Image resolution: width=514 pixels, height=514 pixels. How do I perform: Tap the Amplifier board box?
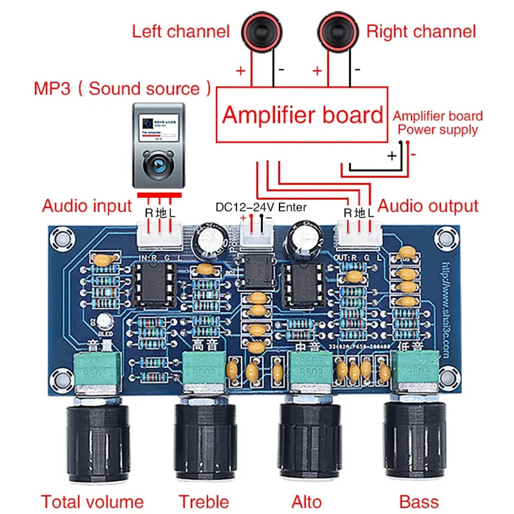(x=302, y=115)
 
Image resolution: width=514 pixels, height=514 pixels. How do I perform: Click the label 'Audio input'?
(x=87, y=206)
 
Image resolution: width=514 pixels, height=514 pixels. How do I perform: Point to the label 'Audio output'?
(x=428, y=206)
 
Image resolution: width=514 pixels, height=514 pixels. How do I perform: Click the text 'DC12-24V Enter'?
(x=261, y=207)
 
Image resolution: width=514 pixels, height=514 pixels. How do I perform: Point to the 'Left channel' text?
(x=181, y=31)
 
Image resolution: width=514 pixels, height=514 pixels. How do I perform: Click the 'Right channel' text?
(x=421, y=31)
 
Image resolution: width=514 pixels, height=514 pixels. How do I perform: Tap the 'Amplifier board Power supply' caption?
(x=438, y=123)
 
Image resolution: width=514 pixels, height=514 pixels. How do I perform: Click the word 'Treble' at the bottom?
(x=204, y=501)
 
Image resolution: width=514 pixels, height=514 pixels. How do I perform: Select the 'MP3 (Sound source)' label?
(x=122, y=88)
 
